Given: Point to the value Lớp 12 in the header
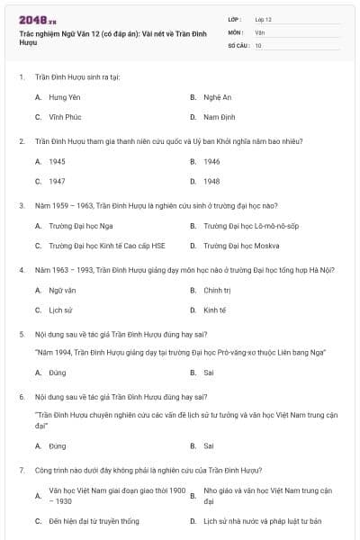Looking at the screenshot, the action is [263, 18].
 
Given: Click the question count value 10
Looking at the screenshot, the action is [258, 44].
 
